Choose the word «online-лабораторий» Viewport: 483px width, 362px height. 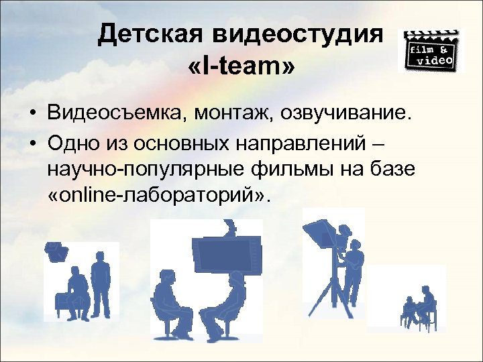click(158, 196)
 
